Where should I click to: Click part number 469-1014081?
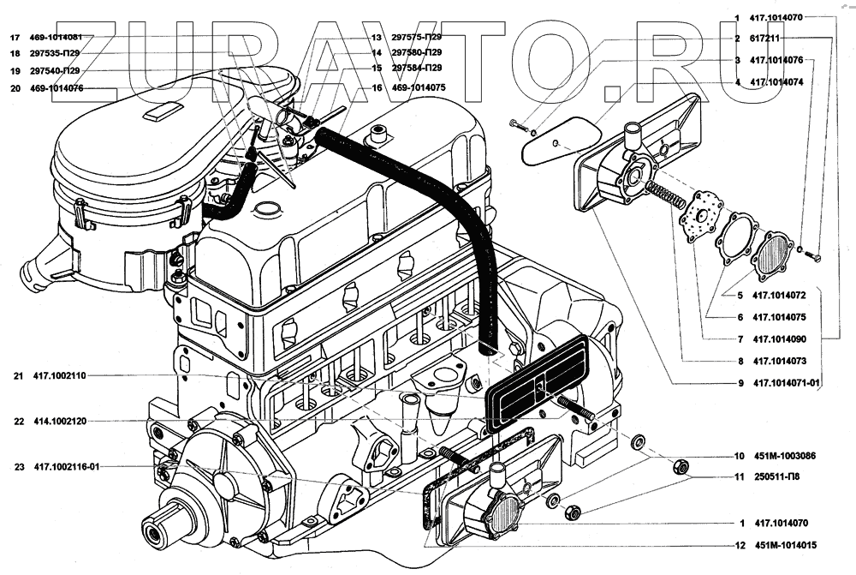pos(58,39)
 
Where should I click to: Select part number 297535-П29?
pos(57,53)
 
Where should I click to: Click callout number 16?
pos(376,87)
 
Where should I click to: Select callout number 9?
pos(738,383)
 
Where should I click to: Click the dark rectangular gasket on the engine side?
pos(536,386)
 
